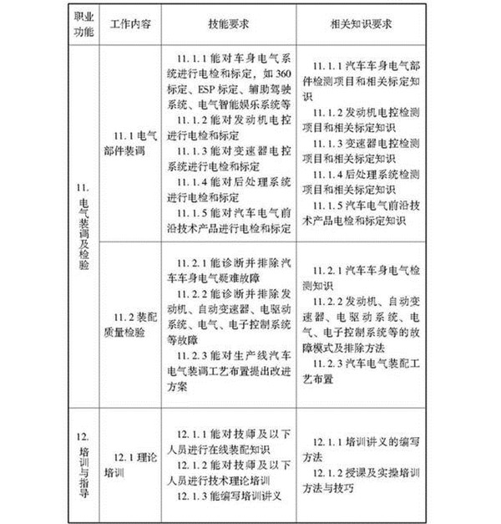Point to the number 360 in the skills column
[283, 74]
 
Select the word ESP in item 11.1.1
[210, 89]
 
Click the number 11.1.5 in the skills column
[194, 210]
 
